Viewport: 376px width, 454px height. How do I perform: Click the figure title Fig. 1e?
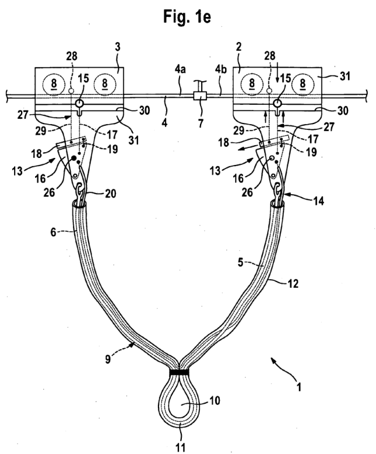(187, 16)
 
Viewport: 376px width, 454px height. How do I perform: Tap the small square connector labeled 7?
(200, 95)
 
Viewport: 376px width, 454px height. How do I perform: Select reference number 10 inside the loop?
(214, 401)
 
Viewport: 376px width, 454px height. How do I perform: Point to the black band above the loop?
(180, 372)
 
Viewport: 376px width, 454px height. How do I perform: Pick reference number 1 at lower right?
(299, 387)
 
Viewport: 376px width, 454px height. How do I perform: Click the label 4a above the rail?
(180, 70)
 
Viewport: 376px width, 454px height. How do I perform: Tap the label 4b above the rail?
(221, 70)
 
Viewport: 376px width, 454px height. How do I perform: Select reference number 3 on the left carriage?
(118, 47)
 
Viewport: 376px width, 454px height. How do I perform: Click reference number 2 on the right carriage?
(239, 47)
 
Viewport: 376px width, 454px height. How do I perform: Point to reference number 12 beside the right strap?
(292, 283)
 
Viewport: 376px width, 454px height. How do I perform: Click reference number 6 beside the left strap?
(54, 232)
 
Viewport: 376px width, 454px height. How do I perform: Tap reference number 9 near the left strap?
(108, 359)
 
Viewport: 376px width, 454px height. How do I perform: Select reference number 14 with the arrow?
(318, 201)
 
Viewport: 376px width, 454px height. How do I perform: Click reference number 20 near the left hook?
(111, 193)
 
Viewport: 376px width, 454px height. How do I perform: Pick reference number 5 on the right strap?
(241, 262)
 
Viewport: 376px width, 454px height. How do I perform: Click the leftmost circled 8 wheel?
(54, 84)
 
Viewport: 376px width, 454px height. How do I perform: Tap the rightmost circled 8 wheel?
(302, 84)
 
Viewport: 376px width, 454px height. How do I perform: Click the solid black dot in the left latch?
(74, 158)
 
